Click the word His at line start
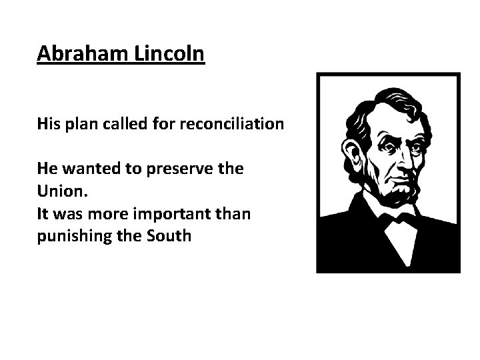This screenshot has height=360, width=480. [48, 125]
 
